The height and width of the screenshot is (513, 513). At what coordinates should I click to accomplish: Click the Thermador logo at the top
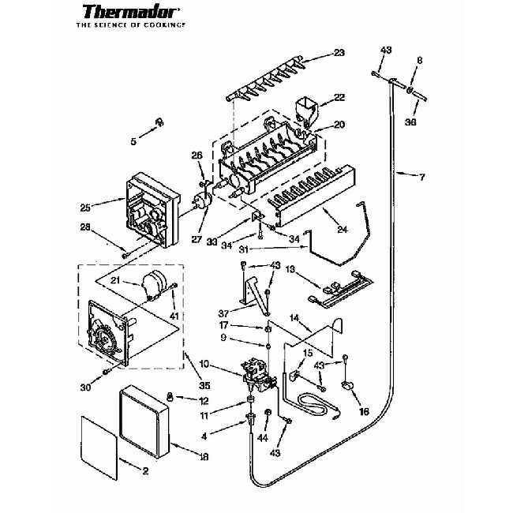(130, 13)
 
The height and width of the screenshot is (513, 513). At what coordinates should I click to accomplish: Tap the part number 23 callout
(339, 53)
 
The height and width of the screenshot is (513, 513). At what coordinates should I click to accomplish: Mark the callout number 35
(204, 386)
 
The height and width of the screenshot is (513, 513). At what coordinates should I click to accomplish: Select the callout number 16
(363, 411)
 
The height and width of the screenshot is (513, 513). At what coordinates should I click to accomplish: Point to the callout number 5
(134, 142)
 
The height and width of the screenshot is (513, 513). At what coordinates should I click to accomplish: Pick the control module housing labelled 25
(142, 208)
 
